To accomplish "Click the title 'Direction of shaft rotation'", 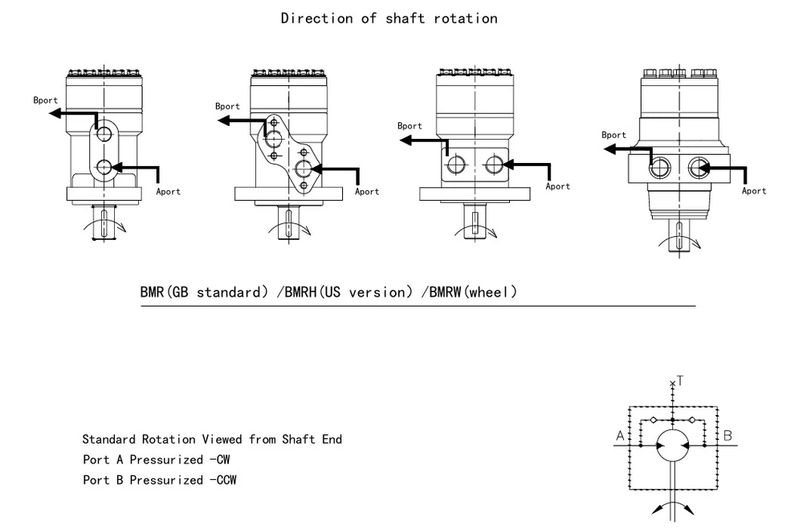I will (389, 18).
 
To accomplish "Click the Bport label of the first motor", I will (45, 100).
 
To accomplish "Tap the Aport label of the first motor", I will (168, 191).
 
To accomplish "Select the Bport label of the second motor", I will (227, 106).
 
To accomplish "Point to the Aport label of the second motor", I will (367, 191).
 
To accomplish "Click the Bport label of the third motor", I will (410, 126).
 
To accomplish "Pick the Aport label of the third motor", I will (557, 186).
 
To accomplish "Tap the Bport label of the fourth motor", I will (613, 135).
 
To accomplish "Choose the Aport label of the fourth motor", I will (753, 190).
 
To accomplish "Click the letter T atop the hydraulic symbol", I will (680, 381).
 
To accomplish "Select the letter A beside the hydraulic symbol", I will (619, 436).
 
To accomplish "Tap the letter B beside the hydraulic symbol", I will (728, 436).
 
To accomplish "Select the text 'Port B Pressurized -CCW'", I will (160, 480).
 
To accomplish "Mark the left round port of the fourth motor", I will (662, 166).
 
